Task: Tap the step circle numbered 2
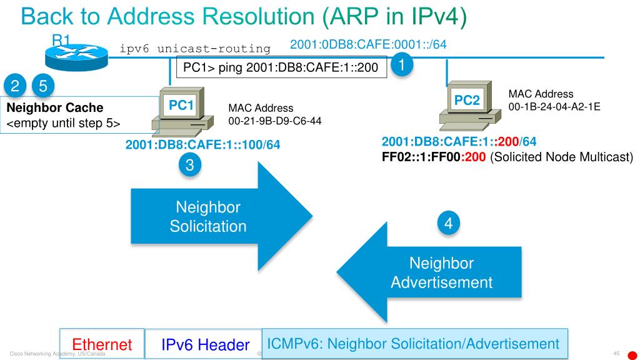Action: pos(14,85)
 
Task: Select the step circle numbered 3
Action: pos(191,165)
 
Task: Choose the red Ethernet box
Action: pos(102,344)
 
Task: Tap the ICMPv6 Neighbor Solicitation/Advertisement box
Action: pos(413,343)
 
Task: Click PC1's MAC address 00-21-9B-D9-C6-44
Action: pos(275,120)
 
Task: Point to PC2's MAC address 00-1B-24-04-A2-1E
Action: pos(554,107)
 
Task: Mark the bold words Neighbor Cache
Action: pos(46,108)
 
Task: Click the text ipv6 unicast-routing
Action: pos(195,49)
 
